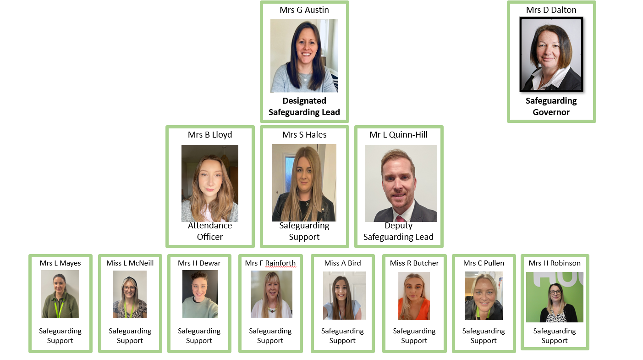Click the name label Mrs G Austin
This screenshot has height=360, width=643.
coord(304,10)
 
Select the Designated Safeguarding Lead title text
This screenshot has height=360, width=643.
coord(304,106)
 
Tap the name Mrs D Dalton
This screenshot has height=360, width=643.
coord(551,10)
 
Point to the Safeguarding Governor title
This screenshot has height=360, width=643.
coord(551,106)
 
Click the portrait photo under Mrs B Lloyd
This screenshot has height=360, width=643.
coord(210,183)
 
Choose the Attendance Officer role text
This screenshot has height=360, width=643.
coord(210,231)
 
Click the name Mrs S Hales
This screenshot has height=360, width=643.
coord(304,135)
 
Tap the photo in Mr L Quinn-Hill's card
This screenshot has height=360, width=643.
coord(401,183)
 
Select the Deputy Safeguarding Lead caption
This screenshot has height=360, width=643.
coord(398,231)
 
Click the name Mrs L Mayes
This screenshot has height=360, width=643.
coord(60,263)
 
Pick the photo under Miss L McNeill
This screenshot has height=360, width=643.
coord(130,294)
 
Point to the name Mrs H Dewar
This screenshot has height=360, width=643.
coord(199,263)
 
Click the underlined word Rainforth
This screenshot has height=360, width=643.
coord(280,263)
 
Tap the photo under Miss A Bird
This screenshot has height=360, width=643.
coord(345,296)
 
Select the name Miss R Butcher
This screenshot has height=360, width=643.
coord(414,263)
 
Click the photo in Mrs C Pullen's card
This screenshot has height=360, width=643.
coord(484,296)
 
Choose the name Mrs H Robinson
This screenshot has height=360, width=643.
coord(555,263)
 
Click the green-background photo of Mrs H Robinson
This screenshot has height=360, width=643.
coord(555,297)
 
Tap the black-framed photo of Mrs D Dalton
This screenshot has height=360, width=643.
coord(551,54)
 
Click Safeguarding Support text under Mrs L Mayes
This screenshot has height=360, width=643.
coord(60,336)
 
